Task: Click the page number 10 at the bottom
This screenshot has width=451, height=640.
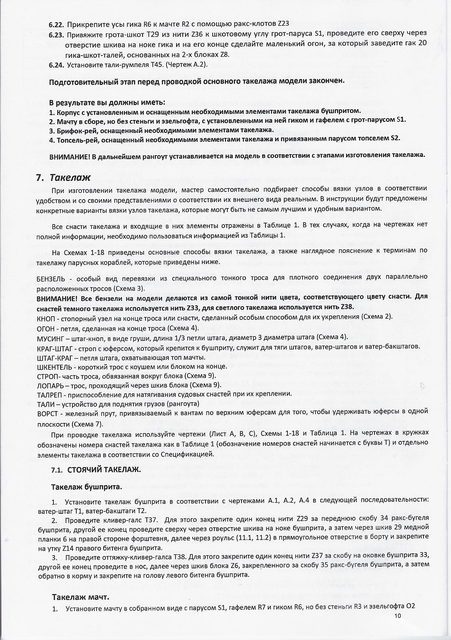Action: (398, 616)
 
